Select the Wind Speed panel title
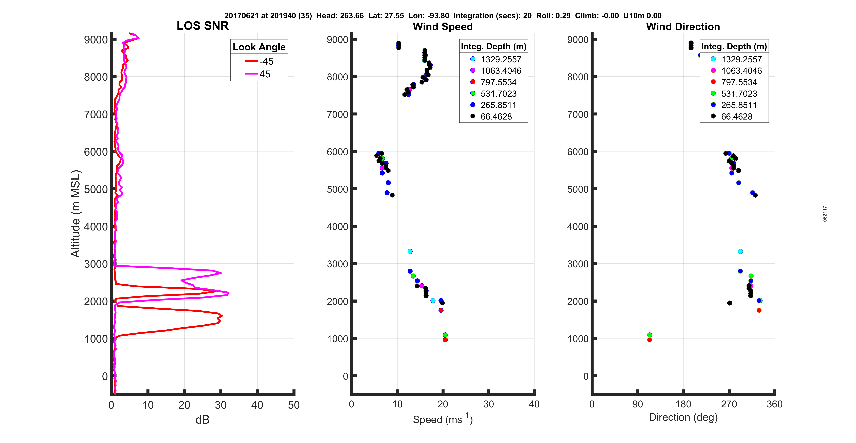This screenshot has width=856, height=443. pyautogui.click(x=443, y=27)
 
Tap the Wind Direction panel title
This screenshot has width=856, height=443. pyautogui.click(x=683, y=27)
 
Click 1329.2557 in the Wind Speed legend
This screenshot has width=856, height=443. pyautogui.click(x=501, y=59)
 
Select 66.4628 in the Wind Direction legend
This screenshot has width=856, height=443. pyautogui.click(x=736, y=116)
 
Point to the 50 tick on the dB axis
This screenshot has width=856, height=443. pyautogui.click(x=294, y=405)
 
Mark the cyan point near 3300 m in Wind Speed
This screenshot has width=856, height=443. pyautogui.click(x=410, y=252)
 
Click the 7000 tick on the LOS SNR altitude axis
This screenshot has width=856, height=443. pyautogui.click(x=96, y=114)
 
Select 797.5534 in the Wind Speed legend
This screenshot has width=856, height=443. pyautogui.click(x=498, y=82)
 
